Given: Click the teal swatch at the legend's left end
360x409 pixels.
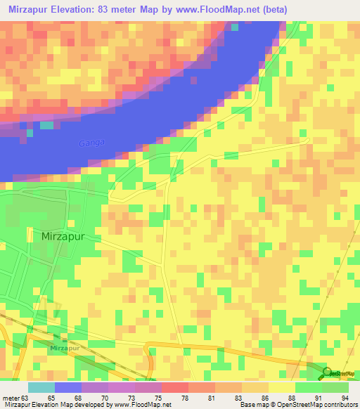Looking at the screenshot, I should click(x=41, y=387).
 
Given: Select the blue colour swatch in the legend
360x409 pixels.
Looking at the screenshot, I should click(x=68, y=387).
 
